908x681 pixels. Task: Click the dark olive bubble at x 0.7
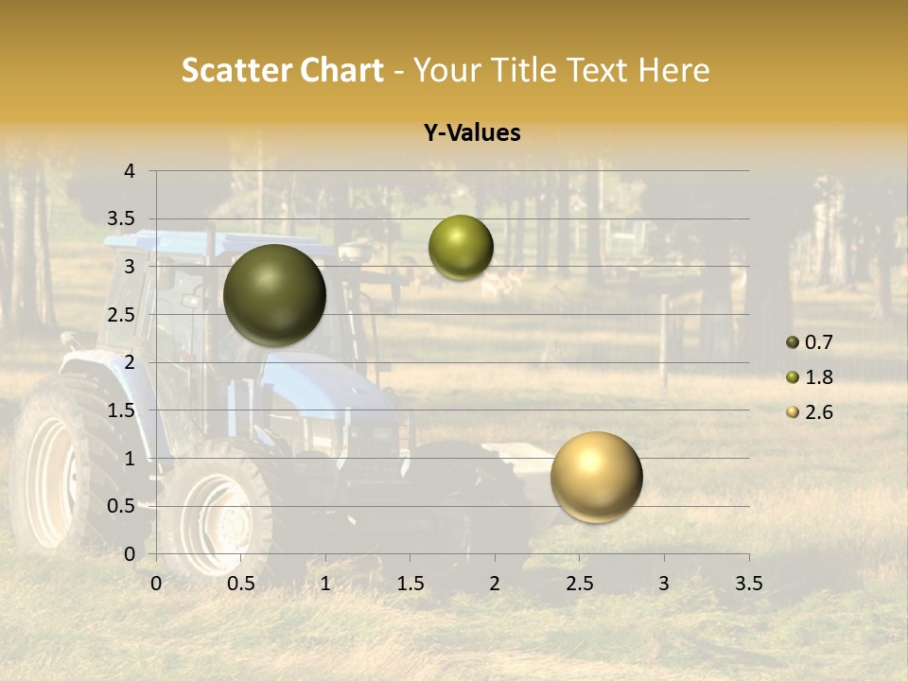[x=274, y=295]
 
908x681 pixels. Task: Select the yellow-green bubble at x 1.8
[x=461, y=247]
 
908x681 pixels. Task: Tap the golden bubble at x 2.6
[x=596, y=477]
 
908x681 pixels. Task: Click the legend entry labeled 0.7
[x=817, y=342]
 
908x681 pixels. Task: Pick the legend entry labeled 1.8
[x=817, y=377]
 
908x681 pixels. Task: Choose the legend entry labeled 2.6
[x=817, y=412]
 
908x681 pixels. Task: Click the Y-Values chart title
[x=471, y=133]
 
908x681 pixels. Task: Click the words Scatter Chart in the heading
[x=282, y=70]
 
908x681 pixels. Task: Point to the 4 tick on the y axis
[x=130, y=171]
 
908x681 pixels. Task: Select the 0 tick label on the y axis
[x=130, y=553]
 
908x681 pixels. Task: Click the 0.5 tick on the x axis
[x=241, y=584]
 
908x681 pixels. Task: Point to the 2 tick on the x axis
[x=495, y=584]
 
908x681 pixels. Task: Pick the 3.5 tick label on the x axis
[x=748, y=584]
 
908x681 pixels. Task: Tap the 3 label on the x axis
[x=664, y=584]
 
